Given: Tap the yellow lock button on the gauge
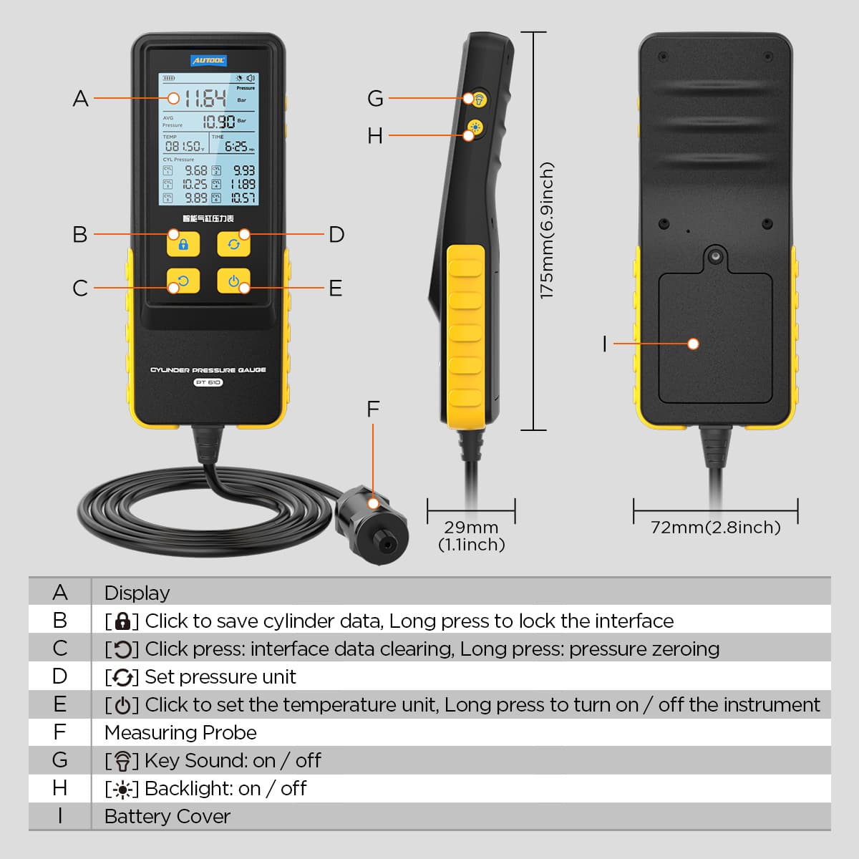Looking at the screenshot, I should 183,243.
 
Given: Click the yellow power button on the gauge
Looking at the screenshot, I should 233,281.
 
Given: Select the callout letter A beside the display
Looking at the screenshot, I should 80,98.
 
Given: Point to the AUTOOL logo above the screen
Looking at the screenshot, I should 208,61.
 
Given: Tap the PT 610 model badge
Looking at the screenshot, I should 208,383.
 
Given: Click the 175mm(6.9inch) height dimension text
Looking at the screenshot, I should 547,230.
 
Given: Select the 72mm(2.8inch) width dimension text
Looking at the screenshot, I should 715,528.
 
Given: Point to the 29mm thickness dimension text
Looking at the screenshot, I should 471,528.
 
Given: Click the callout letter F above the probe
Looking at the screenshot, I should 373,409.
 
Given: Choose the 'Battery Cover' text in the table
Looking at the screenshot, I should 168,816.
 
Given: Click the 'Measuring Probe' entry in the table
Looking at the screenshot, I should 180,732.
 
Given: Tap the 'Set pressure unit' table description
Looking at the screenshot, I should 220,676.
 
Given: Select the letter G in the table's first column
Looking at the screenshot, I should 60,760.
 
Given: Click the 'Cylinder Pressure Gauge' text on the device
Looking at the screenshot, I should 208,370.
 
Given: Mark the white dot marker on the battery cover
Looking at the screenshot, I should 693,344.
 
